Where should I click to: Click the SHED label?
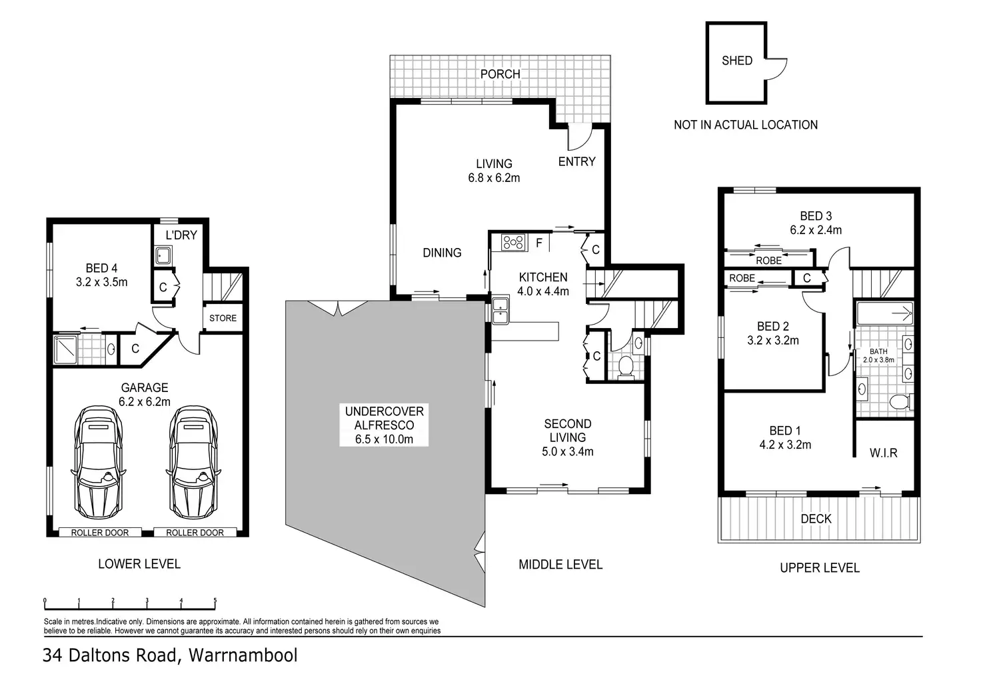pos(737,61)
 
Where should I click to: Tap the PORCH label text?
pos(500,74)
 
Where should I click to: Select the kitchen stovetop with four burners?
pos(513,242)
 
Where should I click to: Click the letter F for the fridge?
pos(539,242)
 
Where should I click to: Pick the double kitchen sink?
pos(500,311)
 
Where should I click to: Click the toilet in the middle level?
pos(626,367)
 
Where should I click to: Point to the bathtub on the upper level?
pos(884,313)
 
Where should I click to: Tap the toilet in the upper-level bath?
pos(901,401)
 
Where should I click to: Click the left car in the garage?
pos(98,462)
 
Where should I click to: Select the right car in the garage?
pos(193,462)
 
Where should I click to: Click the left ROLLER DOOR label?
pos(100,533)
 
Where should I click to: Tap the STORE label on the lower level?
pos(223,318)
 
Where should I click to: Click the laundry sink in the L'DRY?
pos(163,255)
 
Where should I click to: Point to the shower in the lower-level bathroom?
pos(66,349)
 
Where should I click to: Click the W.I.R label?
pos(883,453)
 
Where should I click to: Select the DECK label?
pos(816,519)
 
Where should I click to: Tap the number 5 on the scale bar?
pos(215,600)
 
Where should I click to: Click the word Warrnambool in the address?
pos(243,655)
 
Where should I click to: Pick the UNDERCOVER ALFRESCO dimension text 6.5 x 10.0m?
pos(384,439)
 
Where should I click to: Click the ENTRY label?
pos(576,162)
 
